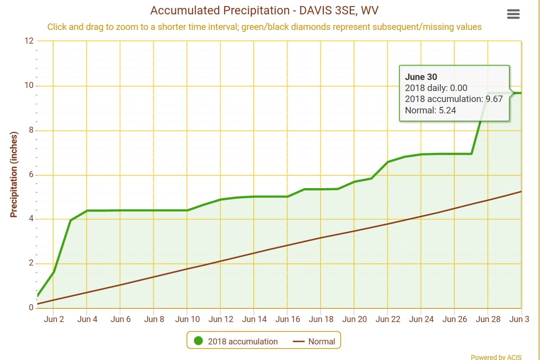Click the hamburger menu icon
point(513,14)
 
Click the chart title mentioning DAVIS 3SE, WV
point(264,11)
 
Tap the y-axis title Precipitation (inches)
point(14,174)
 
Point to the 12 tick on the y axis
point(29,41)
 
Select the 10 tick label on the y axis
point(29,85)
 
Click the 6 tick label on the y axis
point(31,174)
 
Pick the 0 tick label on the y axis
point(31,308)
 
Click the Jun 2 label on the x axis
point(54,319)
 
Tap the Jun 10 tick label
point(187,319)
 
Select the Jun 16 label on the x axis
point(287,319)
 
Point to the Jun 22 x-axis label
point(388,319)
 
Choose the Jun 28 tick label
point(488,319)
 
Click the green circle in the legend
point(198,341)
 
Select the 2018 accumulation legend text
point(243,341)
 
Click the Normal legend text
point(322,341)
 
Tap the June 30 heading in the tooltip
point(421,77)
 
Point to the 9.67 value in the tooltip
point(494,99)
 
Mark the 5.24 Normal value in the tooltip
point(447,110)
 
